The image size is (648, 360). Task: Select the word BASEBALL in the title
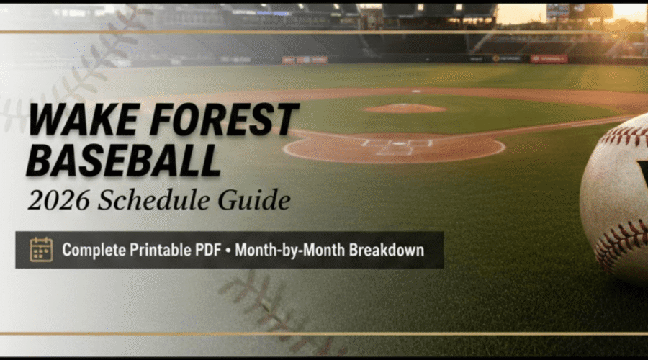pos(123,160)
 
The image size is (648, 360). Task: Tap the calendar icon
pos(41,250)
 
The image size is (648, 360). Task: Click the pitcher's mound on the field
pos(404,109)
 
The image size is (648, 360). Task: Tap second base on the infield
pos(416,91)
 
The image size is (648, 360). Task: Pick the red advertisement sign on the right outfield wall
pos(549,58)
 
